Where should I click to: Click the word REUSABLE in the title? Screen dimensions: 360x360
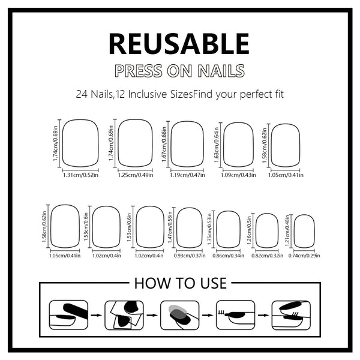coord(179,44)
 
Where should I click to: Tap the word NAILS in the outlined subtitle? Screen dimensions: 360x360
coord(218,71)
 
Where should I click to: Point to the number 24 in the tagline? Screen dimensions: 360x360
coord(82,94)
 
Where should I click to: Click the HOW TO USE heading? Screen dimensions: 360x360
coord(180,283)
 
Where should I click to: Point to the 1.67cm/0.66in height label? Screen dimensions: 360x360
coord(164,145)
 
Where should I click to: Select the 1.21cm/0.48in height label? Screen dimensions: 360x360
coord(287,232)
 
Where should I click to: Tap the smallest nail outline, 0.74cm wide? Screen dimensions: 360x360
coord(304,231)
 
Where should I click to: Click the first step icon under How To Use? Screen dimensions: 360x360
coord(68,314)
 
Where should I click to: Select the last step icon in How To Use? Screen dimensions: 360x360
coord(290,314)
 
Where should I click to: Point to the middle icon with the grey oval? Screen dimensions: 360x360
coord(179,314)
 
